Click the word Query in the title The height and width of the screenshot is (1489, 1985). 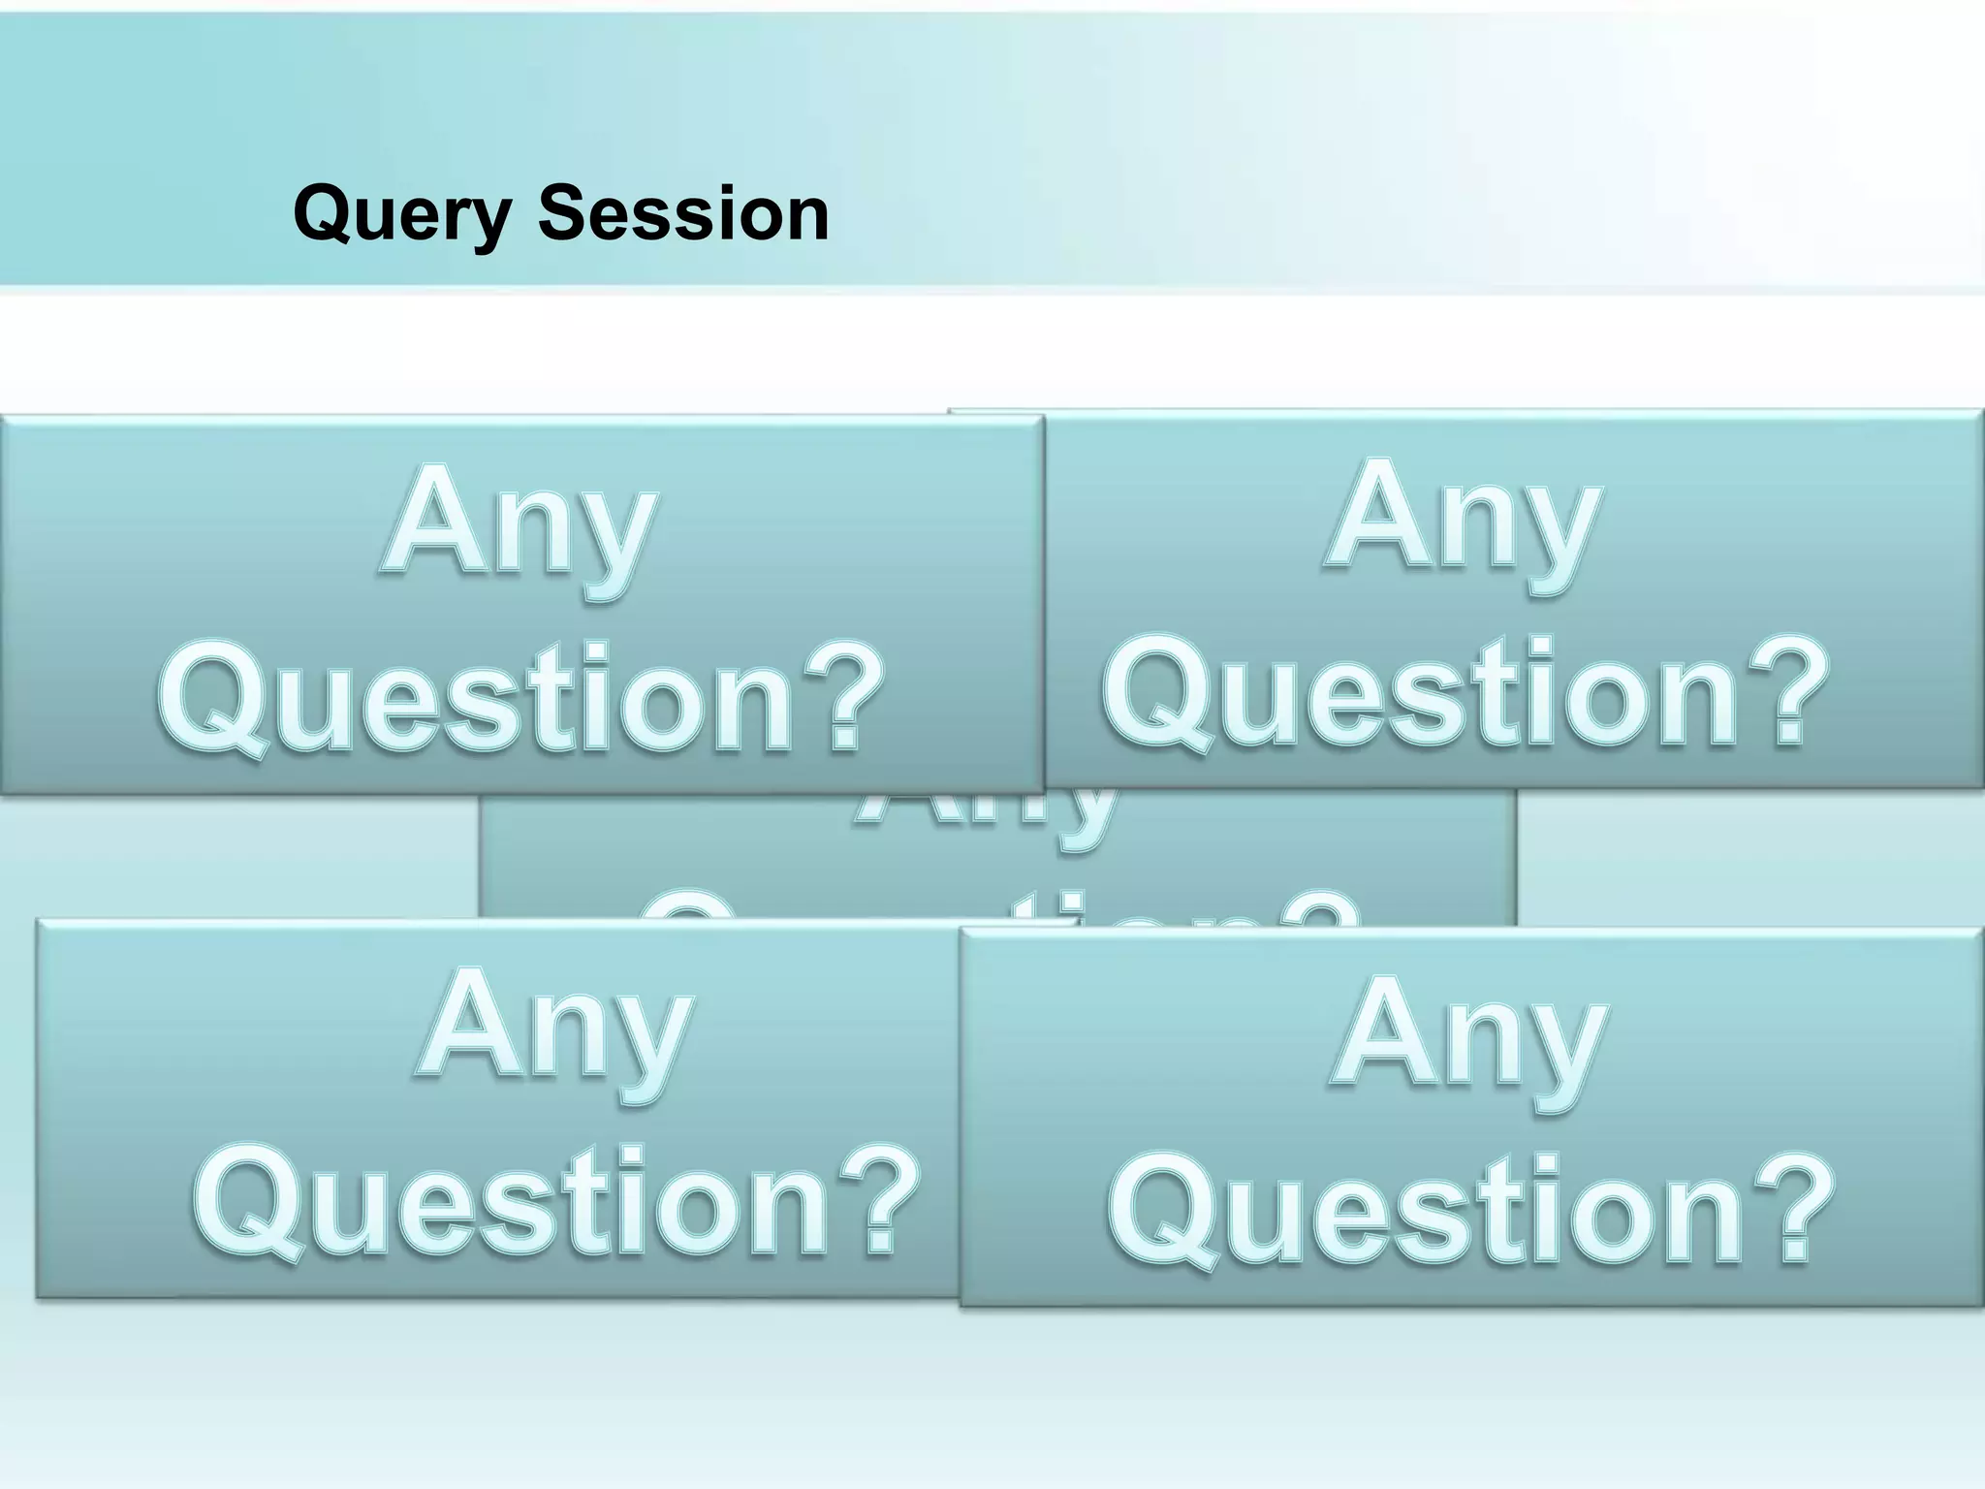pyautogui.click(x=401, y=215)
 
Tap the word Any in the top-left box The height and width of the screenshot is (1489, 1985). pyautogui.click(x=520, y=529)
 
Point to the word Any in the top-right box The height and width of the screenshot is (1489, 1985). pyautogui.click(x=1465, y=523)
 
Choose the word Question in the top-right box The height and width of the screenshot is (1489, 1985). pyautogui.click(x=1420, y=692)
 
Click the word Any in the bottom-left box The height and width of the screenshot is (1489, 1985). pyautogui.click(x=556, y=1033)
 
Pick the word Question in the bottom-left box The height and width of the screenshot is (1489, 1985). pyautogui.click(x=511, y=1202)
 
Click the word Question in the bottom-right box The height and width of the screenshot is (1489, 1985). pyautogui.click(x=1425, y=1212)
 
